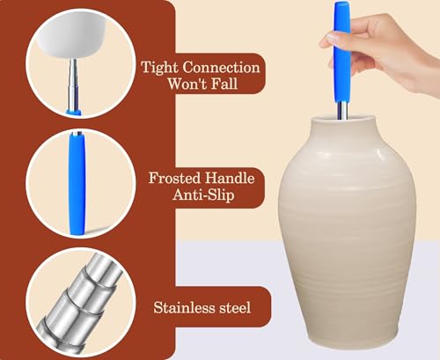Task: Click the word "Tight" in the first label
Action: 160,68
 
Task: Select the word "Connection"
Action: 222,67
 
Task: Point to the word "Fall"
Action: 224,84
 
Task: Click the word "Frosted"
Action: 174,178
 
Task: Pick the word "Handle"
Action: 230,178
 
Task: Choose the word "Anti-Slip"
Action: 203,195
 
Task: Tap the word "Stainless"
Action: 184,307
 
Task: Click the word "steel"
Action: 235,307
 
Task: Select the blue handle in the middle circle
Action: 77,184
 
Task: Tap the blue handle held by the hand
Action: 342,51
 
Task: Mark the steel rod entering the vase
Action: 342,110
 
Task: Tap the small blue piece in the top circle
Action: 74,112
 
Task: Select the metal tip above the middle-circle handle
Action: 77,134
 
